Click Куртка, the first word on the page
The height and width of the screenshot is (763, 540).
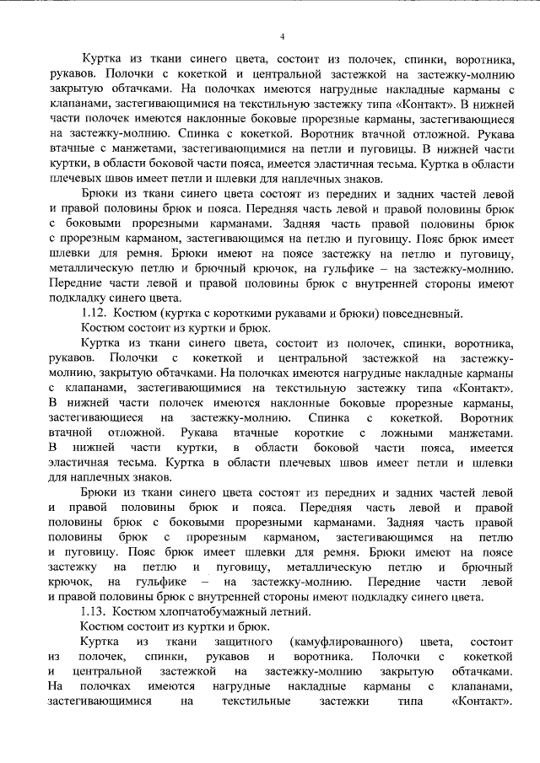coord(104,60)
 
